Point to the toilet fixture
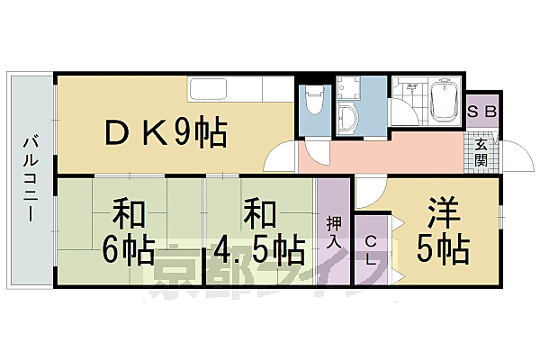(314, 103)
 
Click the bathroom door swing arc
(406, 112)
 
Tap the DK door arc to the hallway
(283, 158)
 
